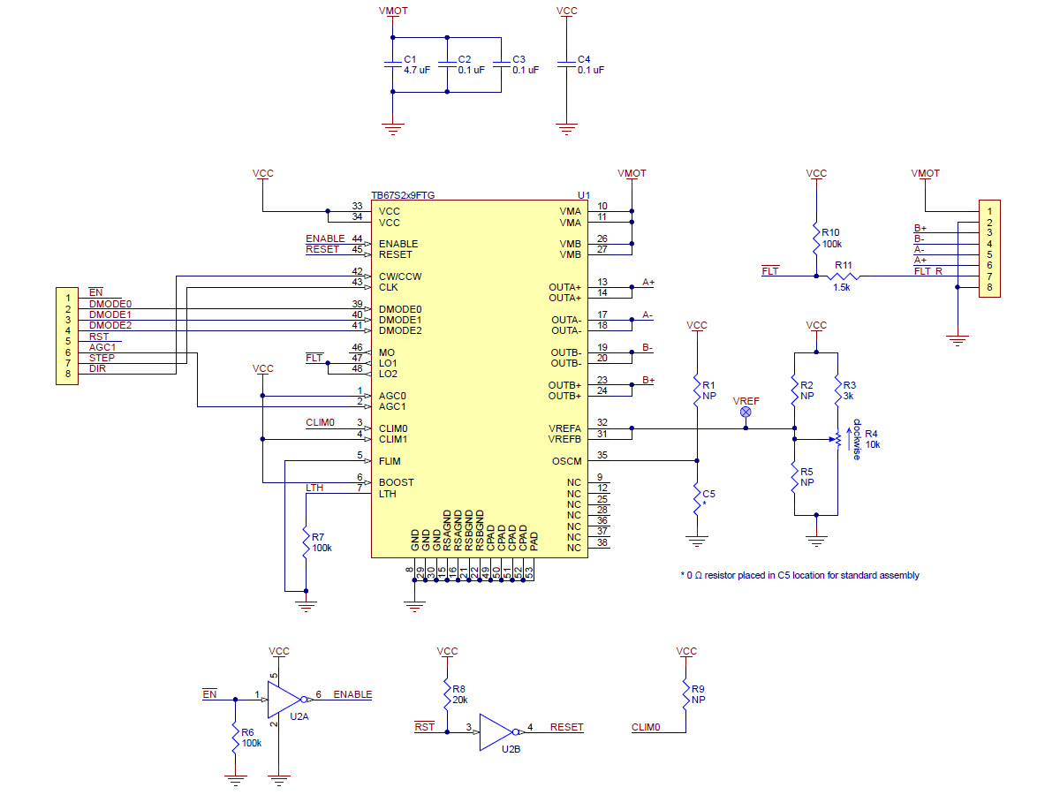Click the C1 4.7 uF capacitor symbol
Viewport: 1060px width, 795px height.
(x=392, y=64)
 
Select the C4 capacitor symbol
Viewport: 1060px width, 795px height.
(x=566, y=64)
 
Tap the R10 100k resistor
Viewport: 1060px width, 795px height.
(x=816, y=238)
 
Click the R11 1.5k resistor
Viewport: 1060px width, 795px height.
(x=844, y=276)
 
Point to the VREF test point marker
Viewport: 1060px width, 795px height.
(x=746, y=412)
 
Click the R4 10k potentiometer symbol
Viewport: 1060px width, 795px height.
(x=838, y=439)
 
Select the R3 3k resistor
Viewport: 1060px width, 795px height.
(x=838, y=390)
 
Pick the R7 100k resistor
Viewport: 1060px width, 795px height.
(x=306, y=542)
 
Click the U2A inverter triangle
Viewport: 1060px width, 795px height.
(x=285, y=700)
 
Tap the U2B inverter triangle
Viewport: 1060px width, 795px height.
(x=497, y=732)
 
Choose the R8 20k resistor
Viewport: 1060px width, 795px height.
(x=447, y=694)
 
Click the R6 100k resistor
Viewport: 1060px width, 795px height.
(x=235, y=738)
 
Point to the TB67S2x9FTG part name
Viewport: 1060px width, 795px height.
(x=403, y=195)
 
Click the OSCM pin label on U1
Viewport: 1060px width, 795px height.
(x=566, y=461)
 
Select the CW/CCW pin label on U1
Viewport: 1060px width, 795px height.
(x=400, y=276)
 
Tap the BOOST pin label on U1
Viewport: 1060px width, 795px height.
(x=396, y=482)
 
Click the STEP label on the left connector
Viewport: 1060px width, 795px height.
(x=102, y=358)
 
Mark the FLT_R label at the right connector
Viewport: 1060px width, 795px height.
(x=927, y=271)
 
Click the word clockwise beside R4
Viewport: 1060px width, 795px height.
(x=857, y=439)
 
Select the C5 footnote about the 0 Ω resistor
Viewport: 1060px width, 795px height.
(x=799, y=575)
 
